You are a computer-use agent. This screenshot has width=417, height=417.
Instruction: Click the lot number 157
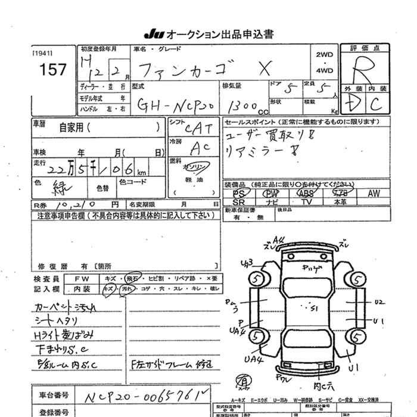click(53, 70)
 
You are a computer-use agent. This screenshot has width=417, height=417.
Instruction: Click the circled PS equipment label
click(239, 194)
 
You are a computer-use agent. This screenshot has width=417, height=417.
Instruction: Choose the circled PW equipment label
click(271, 194)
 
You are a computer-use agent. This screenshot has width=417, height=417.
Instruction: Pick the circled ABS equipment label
click(306, 194)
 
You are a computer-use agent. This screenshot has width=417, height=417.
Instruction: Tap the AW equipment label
click(374, 194)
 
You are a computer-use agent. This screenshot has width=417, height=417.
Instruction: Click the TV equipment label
click(306, 203)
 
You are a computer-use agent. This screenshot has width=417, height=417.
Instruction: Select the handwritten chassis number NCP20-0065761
click(154, 395)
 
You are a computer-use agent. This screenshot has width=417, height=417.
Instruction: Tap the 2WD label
click(325, 55)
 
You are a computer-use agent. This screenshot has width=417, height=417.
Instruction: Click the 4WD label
click(325, 71)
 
